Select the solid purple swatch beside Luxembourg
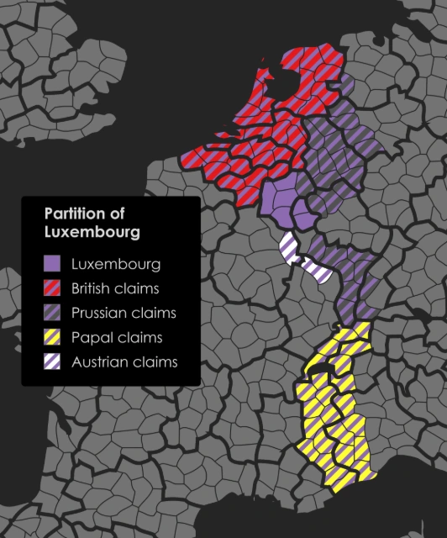tap(53, 264)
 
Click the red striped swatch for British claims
tap(53, 288)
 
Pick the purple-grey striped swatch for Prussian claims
tap(53, 313)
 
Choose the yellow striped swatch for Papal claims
tap(53, 338)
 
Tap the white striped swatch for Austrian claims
tap(53, 362)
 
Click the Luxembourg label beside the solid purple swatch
tap(116, 264)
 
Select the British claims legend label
tap(116, 288)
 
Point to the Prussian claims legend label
tap(124, 313)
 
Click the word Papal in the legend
tap(91, 338)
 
